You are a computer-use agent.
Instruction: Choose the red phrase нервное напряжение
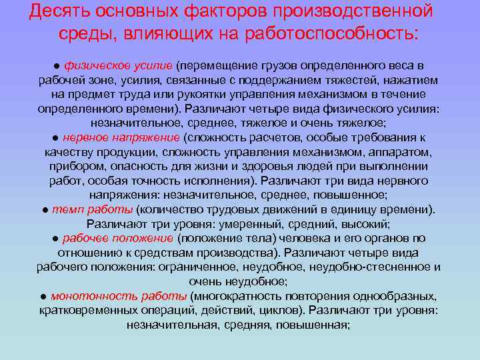click(121, 138)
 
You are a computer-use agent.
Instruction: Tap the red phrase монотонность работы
click(119, 296)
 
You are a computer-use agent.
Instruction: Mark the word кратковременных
click(83, 311)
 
